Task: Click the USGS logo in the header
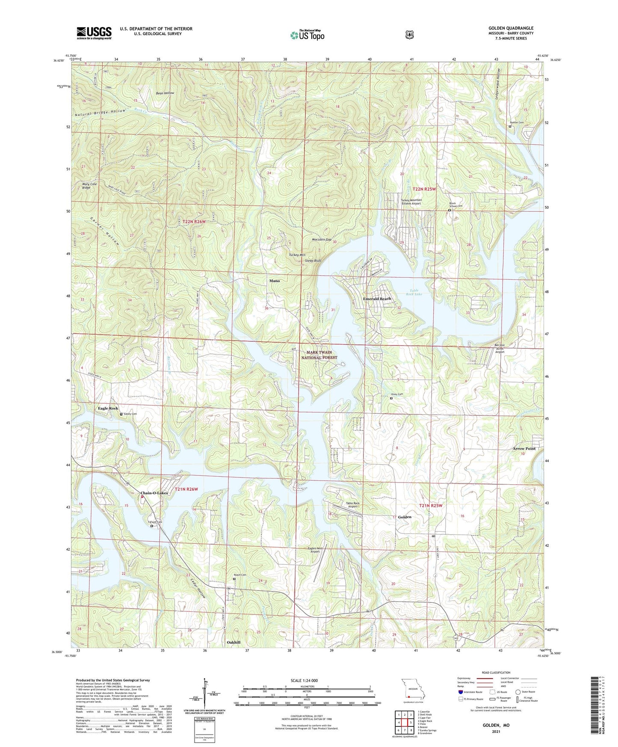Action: click(94, 33)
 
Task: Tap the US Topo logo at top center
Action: click(307, 35)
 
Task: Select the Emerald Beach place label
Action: click(377, 299)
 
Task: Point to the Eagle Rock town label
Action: click(108, 408)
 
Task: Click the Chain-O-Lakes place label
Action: click(154, 493)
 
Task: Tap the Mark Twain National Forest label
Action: click(319, 355)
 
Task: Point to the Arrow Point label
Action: click(524, 448)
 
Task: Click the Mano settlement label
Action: click(275, 281)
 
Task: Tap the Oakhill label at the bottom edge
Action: click(234, 642)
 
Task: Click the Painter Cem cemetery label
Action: click(517, 122)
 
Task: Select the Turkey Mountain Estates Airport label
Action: click(411, 202)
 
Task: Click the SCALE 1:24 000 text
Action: click(304, 680)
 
